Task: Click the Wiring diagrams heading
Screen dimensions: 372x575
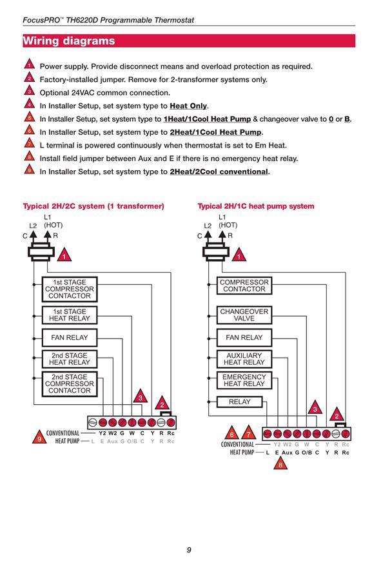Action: point(69,41)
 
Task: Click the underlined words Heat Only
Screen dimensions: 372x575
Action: point(188,106)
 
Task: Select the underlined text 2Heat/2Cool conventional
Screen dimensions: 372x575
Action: point(219,171)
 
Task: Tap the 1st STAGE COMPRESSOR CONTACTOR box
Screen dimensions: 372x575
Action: point(70,289)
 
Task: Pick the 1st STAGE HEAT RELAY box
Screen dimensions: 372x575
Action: point(70,315)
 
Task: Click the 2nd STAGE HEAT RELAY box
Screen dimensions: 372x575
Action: point(70,359)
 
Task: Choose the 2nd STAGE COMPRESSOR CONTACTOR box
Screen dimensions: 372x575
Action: point(70,384)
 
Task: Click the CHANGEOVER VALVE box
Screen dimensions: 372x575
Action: point(244,315)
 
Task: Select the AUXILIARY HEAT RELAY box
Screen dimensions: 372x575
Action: point(244,359)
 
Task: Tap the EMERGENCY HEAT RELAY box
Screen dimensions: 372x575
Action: point(244,380)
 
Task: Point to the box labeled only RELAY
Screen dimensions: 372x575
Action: point(240,402)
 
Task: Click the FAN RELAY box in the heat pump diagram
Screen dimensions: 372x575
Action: point(244,337)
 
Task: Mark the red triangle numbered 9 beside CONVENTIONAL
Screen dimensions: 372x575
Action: point(39,438)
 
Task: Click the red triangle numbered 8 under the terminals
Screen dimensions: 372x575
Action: point(280,464)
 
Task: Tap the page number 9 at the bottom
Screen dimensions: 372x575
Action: point(189,550)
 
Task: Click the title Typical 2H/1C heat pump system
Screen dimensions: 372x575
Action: point(256,206)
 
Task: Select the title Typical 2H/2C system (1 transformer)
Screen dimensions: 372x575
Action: point(93,206)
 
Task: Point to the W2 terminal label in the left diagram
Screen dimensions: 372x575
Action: point(113,433)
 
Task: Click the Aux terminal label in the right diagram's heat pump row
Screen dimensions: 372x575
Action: point(287,453)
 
